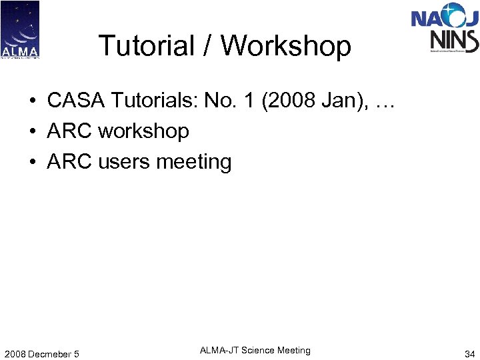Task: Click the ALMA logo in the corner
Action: [20, 30]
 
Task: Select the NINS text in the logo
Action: [454, 41]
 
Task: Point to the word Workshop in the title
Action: [285, 46]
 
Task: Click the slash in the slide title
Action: [209, 46]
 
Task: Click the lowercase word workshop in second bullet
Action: [143, 131]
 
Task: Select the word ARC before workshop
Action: [69, 131]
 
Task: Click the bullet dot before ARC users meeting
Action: [32, 163]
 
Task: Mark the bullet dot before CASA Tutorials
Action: [32, 101]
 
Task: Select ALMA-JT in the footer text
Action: [219, 350]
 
